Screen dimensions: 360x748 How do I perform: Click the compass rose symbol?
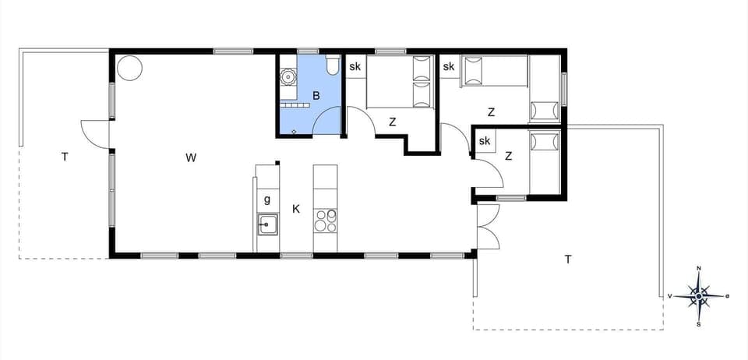pyautogui.click(x=699, y=296)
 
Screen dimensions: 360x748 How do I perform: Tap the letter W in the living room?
pyautogui.click(x=191, y=158)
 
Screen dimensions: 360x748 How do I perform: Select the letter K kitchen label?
pyautogui.click(x=296, y=209)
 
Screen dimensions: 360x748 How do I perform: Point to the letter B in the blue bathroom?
pyautogui.click(x=316, y=96)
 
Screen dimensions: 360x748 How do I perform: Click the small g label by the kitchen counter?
pyautogui.click(x=267, y=199)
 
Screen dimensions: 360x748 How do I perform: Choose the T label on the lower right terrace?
pyautogui.click(x=568, y=259)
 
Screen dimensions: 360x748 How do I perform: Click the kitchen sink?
pyautogui.click(x=267, y=224)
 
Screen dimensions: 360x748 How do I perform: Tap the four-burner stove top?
pyautogui.click(x=324, y=221)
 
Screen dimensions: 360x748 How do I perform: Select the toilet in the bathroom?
pyautogui.click(x=333, y=66)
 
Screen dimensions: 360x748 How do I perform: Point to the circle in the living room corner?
pyautogui.click(x=130, y=68)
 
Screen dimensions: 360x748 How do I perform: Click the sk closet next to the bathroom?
pyautogui.click(x=355, y=67)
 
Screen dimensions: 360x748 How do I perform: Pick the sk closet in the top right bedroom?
pyautogui.click(x=449, y=67)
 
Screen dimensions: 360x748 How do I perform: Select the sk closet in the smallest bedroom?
pyautogui.click(x=485, y=141)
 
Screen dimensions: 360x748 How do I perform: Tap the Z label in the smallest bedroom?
pyautogui.click(x=508, y=156)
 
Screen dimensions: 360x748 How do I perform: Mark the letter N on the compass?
pyautogui.click(x=699, y=269)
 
